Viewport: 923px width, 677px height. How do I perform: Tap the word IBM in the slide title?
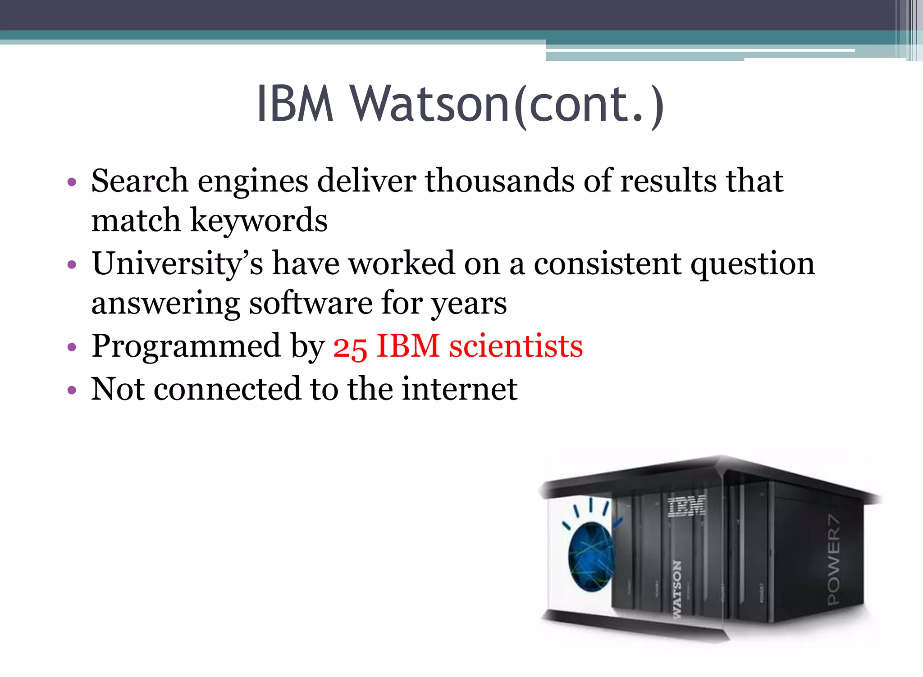pyautogui.click(x=295, y=104)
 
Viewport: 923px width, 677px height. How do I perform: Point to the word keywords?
pyautogui.click(x=259, y=221)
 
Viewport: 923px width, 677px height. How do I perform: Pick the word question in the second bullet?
pyautogui.click(x=753, y=264)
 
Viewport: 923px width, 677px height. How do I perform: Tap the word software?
pyautogui.click(x=311, y=303)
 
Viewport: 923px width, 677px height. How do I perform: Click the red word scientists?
pyautogui.click(x=516, y=346)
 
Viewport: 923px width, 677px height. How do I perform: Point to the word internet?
pyautogui.click(x=460, y=389)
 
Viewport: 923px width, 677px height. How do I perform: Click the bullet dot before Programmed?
pyautogui.click(x=72, y=347)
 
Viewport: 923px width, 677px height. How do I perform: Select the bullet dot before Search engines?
pyautogui.click(x=72, y=182)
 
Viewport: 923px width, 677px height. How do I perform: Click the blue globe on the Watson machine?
pyautogui.click(x=591, y=557)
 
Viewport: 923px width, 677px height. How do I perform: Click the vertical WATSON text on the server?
pyautogui.click(x=677, y=590)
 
